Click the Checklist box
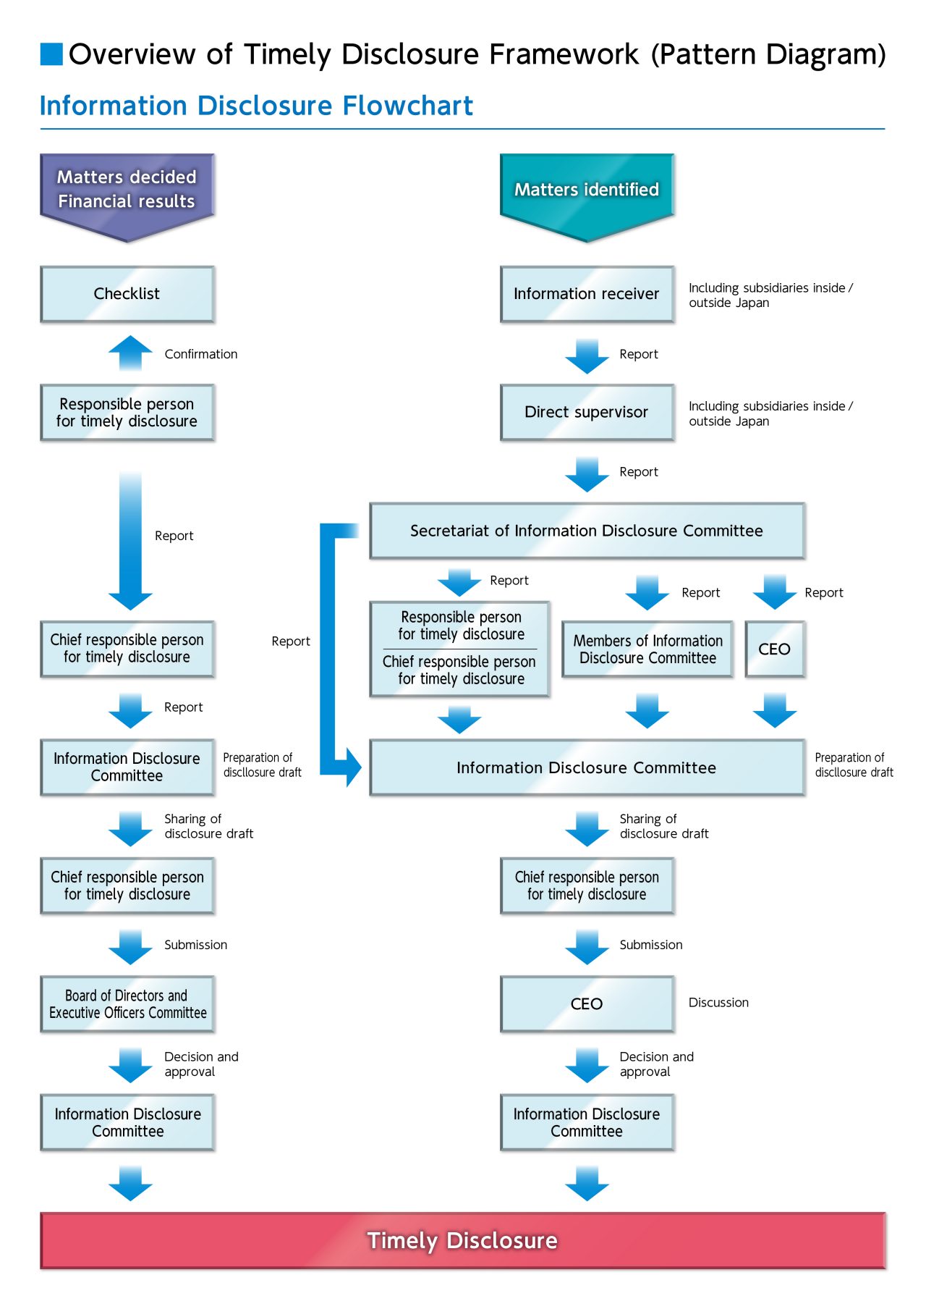tap(127, 294)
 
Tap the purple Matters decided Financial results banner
tap(127, 190)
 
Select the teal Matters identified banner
tap(587, 190)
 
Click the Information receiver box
tap(587, 294)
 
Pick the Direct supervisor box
tap(587, 412)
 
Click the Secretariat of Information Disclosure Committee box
tap(587, 531)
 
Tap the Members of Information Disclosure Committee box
tap(647, 649)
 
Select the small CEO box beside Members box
tap(774, 649)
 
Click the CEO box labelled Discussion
tap(587, 1004)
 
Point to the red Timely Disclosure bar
tap(463, 1240)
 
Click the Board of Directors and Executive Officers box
tap(127, 1004)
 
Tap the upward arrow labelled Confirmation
tap(130, 353)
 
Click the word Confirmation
tap(201, 354)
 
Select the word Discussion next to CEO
tap(718, 1003)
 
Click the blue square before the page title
tap(51, 54)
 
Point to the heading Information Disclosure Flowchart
tap(256, 106)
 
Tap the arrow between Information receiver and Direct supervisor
tap(587, 355)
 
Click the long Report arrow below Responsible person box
tap(130, 539)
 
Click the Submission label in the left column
tap(195, 945)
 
